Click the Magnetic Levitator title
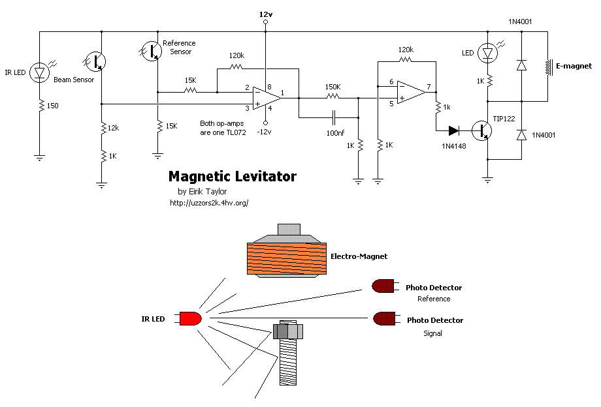coord(232,177)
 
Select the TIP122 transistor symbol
coord(483,130)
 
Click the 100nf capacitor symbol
coord(334,117)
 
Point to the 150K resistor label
coord(332,87)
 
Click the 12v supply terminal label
coord(265,14)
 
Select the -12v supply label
coord(265,132)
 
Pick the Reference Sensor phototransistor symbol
coord(152,50)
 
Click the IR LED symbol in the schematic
coord(40,72)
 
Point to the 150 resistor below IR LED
coord(40,104)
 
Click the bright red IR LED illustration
coord(190,319)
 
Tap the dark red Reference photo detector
coord(383,286)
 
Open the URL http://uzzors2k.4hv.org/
coord(208,203)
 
